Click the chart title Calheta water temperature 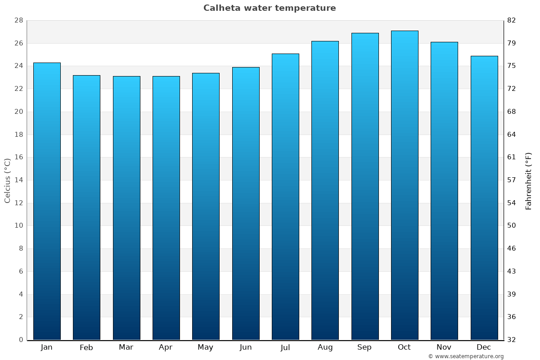270,8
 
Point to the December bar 484,198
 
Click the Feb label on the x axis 86,347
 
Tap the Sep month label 364,347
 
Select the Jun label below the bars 246,347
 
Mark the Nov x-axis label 444,347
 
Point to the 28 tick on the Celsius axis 18,21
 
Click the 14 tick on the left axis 18,180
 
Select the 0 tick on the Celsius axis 21,340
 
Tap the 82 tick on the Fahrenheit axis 512,21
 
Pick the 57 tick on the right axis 512,180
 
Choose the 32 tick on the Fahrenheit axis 512,340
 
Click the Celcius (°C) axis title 7,180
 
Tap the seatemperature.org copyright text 466,356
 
